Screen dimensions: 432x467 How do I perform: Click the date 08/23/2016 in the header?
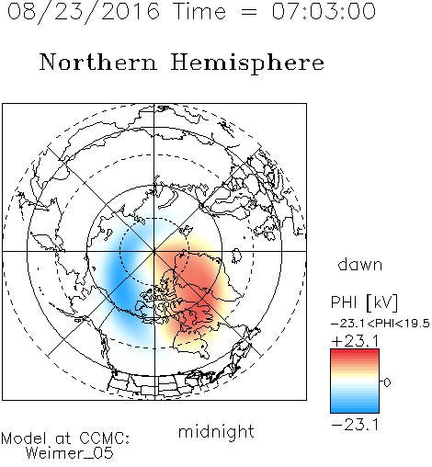pyautogui.click(x=83, y=12)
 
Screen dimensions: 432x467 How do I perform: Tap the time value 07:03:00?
pyautogui.click(x=324, y=11)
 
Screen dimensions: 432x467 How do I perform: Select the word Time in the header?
pyautogui.click(x=199, y=11)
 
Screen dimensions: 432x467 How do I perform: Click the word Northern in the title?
pyautogui.click(x=98, y=62)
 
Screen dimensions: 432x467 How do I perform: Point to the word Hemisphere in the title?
pyautogui.click(x=247, y=63)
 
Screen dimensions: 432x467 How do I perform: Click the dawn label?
pyautogui.click(x=360, y=264)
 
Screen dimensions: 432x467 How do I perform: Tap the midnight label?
pyautogui.click(x=216, y=431)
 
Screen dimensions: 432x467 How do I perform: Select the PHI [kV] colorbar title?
pyautogui.click(x=364, y=302)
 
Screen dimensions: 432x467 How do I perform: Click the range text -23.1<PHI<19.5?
pyautogui.click(x=381, y=324)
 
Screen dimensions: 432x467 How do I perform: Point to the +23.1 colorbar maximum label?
pyautogui.click(x=356, y=341)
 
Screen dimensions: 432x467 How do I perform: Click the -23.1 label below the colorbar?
pyautogui.click(x=355, y=425)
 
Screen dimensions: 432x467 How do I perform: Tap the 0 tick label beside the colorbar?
pyautogui.click(x=387, y=382)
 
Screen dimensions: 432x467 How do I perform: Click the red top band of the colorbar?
pyautogui.click(x=355, y=353)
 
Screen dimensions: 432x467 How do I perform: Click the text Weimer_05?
pyautogui.click(x=69, y=453)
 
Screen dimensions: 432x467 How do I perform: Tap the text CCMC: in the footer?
pyautogui.click(x=105, y=439)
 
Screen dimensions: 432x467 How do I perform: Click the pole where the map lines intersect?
pyautogui.click(x=154, y=251)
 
